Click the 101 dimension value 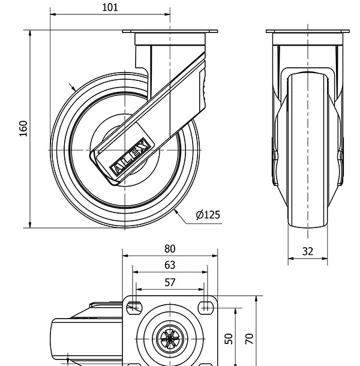pyautogui.click(x=110, y=7)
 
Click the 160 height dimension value pyautogui.click(x=23, y=128)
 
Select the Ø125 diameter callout pyautogui.click(x=208, y=215)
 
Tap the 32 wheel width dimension pyautogui.click(x=307, y=252)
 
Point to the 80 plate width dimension pyautogui.click(x=170, y=248)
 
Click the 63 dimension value pyautogui.click(x=170, y=265)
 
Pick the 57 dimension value pyautogui.click(x=170, y=281)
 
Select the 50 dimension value pyautogui.click(x=229, y=338)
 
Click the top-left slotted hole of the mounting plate pyautogui.click(x=134, y=308)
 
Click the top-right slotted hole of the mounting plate pyautogui.click(x=206, y=308)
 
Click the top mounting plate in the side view pyautogui.click(x=170, y=32)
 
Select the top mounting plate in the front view pyautogui.click(x=307, y=32)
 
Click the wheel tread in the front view pyautogui.click(x=307, y=150)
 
